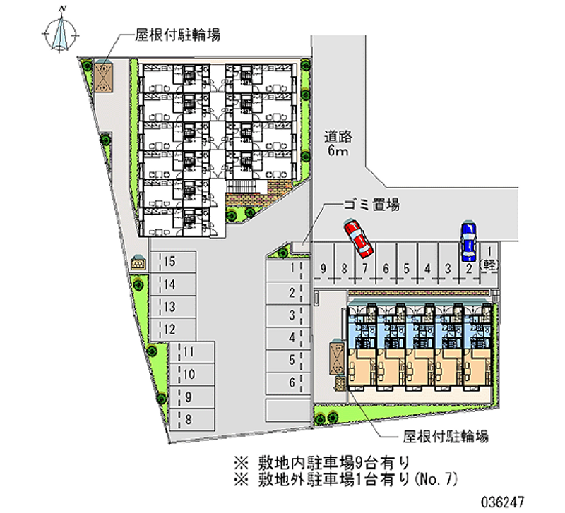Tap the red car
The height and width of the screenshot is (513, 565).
(358, 238)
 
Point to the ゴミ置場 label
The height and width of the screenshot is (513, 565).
(372, 205)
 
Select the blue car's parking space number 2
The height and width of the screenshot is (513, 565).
(469, 268)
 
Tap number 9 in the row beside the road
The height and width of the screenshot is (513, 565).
(323, 268)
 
